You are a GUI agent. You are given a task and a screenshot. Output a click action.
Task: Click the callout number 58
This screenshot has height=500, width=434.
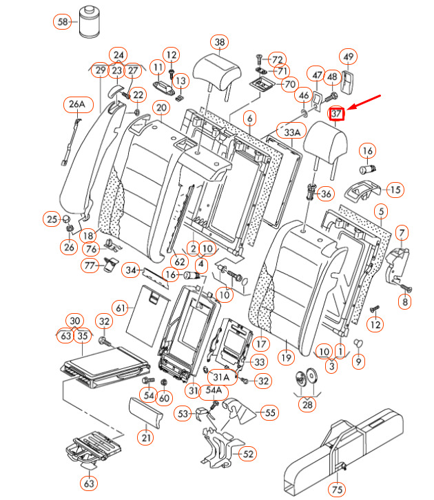[x=63, y=22]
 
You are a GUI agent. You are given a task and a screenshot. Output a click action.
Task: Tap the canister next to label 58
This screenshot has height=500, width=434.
[x=90, y=21]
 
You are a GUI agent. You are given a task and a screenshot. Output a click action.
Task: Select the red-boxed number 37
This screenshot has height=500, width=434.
[x=337, y=114]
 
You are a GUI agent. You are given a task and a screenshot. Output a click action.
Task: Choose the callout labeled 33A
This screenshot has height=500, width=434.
[x=291, y=131]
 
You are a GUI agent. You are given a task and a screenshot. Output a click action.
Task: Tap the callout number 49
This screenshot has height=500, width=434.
[x=349, y=57]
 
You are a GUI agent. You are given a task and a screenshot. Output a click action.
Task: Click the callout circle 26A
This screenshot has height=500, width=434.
[x=76, y=105]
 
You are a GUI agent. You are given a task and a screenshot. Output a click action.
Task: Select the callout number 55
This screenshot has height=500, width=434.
[x=269, y=412]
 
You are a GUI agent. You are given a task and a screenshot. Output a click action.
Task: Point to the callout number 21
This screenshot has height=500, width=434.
[x=146, y=437]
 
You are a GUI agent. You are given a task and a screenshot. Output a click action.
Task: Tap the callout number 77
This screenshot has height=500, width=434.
[x=90, y=266]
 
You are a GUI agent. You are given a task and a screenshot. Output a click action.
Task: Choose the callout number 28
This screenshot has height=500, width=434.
[x=307, y=404]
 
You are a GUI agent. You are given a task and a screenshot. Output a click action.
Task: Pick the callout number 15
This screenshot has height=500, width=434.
[x=395, y=190]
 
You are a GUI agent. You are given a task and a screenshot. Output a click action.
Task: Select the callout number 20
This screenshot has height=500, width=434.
[x=161, y=108]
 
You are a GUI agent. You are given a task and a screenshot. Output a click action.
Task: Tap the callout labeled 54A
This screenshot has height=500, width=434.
[x=214, y=391]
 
